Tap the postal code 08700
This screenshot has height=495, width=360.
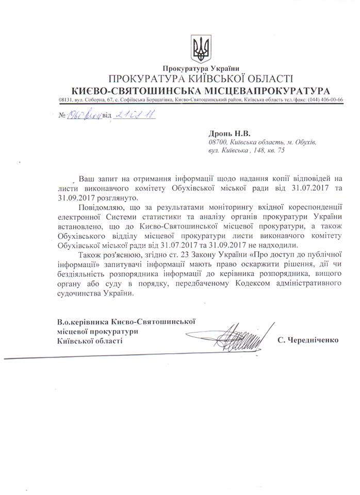pos(219,142)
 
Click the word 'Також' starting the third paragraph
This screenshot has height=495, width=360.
pos(90,255)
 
